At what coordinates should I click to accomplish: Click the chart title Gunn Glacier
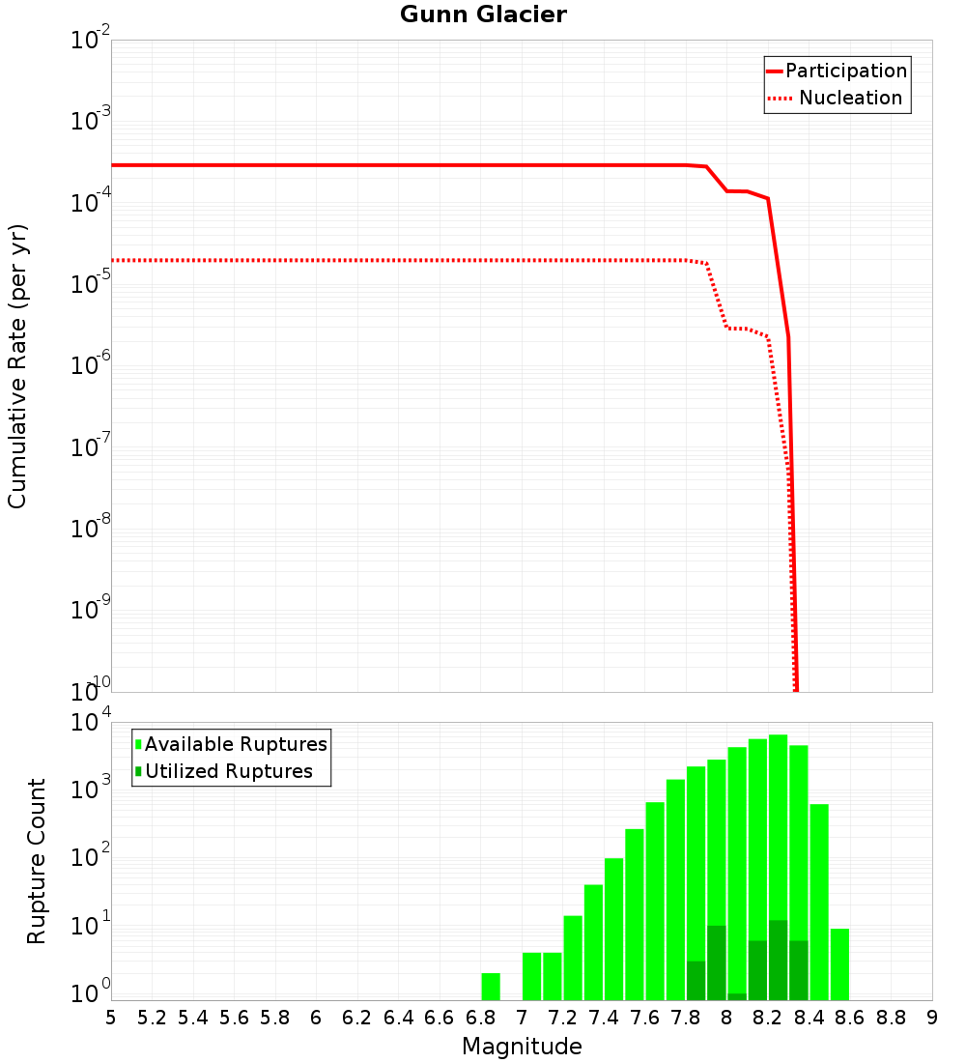(x=483, y=15)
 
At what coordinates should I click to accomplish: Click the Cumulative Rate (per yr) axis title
(x=17, y=366)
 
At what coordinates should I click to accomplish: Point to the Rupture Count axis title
(x=37, y=861)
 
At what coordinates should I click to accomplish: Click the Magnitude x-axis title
(x=522, y=1047)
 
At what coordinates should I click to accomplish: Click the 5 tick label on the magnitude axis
(x=111, y=1018)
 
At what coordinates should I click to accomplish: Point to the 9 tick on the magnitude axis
(x=932, y=1018)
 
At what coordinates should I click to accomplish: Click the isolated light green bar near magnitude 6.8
(x=491, y=987)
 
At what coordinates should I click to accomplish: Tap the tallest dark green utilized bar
(x=778, y=961)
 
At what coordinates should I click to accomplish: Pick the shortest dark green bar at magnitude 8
(x=737, y=996)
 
